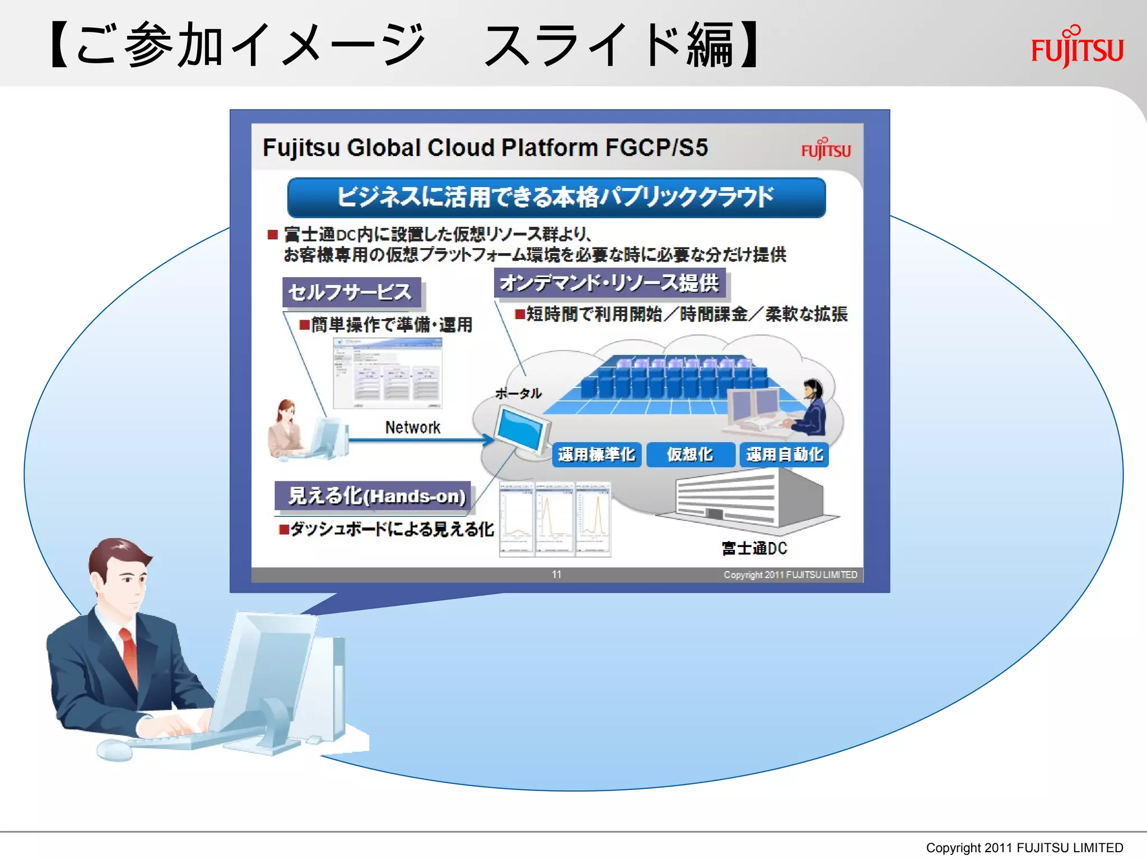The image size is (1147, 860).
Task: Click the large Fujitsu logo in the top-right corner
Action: (x=1077, y=47)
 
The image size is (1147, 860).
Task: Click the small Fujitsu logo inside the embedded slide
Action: (x=826, y=149)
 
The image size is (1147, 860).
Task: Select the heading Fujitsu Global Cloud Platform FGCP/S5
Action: (x=485, y=148)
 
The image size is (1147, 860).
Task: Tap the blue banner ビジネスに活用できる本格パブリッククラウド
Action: (x=556, y=197)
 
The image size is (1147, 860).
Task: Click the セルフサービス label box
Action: (x=351, y=292)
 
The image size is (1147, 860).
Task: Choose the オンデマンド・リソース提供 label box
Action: (x=609, y=283)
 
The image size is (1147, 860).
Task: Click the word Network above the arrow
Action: (x=413, y=428)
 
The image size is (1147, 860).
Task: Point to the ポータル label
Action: (x=518, y=394)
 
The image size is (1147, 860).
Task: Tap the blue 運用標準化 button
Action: (x=596, y=455)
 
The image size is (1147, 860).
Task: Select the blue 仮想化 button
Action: (x=690, y=455)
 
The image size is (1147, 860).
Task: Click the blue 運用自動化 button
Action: (x=784, y=455)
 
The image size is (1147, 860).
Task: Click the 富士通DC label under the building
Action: (x=754, y=548)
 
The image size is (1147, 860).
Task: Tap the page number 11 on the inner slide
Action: (x=556, y=574)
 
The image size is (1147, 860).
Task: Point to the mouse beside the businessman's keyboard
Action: (x=114, y=749)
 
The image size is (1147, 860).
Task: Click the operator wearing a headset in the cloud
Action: (x=810, y=407)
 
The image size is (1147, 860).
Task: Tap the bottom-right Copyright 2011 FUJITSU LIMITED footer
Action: (x=1024, y=848)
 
